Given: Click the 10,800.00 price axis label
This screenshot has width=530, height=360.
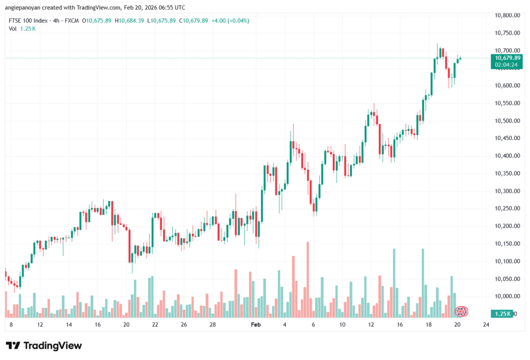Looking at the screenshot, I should pyautogui.click(x=507, y=16).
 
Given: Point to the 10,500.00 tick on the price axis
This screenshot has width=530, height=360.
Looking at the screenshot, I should pyautogui.click(x=507, y=121).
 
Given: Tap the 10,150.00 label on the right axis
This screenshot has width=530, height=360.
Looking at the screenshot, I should pyautogui.click(x=507, y=244).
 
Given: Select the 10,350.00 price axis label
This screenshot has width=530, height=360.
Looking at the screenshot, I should pyautogui.click(x=507, y=173).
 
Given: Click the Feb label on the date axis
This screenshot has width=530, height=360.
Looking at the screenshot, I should pyautogui.click(x=255, y=325).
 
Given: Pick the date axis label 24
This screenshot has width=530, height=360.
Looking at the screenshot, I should pyautogui.click(x=485, y=325).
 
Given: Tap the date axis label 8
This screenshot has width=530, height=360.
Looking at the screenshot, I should pyautogui.click(x=11, y=325).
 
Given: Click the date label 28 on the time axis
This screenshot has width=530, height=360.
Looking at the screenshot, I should pyautogui.click(x=213, y=325).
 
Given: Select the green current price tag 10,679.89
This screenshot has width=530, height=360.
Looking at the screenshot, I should pyautogui.click(x=507, y=57).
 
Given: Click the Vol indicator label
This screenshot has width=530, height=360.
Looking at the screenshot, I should pyautogui.click(x=13, y=29).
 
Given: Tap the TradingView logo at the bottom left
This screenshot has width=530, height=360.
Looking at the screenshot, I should pyautogui.click(x=43, y=346).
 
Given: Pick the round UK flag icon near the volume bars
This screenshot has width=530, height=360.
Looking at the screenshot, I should pyautogui.click(x=461, y=311).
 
